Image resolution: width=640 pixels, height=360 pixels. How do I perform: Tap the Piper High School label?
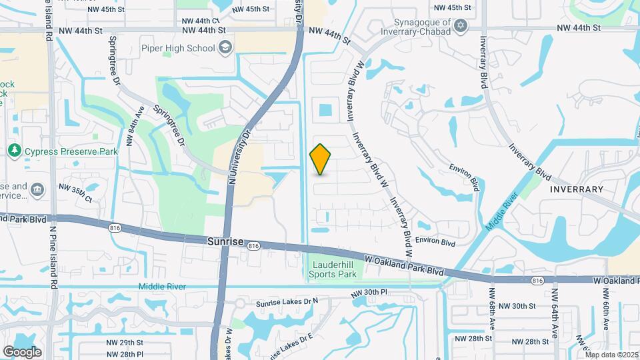click(x=178, y=48)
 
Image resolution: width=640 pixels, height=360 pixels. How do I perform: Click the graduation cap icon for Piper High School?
click(x=225, y=47)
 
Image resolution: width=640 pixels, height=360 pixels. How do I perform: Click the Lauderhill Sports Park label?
click(x=335, y=269)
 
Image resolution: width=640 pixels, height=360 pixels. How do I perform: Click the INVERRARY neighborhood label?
click(x=577, y=189)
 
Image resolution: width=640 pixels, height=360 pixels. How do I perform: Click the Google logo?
click(x=22, y=351)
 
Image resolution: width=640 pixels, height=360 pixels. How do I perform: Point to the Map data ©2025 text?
click(x=611, y=355)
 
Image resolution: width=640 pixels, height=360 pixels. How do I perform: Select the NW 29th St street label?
click(x=124, y=342)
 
